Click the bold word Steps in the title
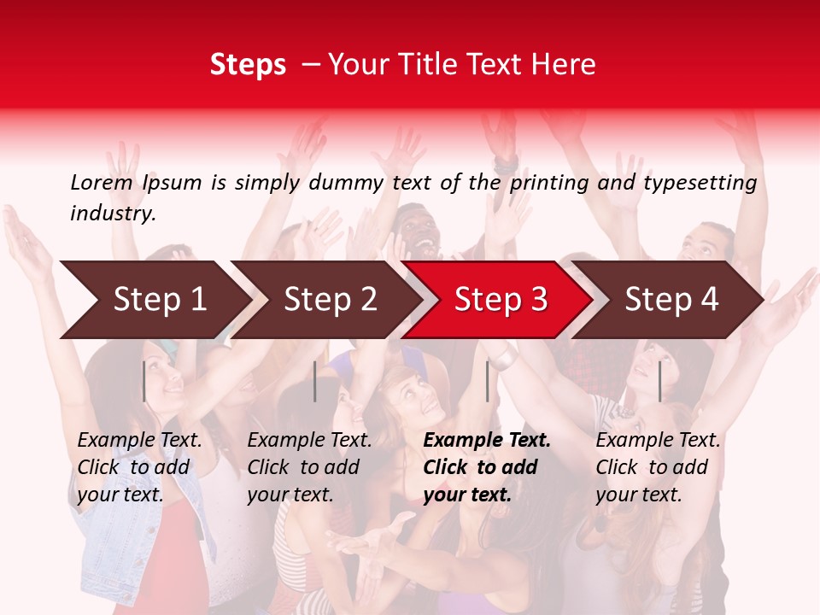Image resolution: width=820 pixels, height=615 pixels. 248,64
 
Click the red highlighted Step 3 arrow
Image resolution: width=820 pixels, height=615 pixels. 501,299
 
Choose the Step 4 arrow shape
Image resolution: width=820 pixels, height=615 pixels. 671,299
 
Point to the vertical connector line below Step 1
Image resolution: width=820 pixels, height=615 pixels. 143,381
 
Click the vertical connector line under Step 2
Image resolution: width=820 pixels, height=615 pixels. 315,381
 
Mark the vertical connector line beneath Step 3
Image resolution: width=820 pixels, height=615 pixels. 487,381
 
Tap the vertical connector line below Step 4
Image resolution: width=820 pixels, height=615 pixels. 659,381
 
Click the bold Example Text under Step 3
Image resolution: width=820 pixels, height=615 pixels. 487,441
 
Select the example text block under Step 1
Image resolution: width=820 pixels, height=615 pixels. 139,467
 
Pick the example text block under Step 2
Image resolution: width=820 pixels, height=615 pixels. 309,467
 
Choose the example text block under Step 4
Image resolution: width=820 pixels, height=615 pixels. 658,467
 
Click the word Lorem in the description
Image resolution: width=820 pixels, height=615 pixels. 102,183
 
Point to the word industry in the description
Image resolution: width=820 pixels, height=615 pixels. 113,214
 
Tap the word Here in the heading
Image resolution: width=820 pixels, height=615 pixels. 565,64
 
